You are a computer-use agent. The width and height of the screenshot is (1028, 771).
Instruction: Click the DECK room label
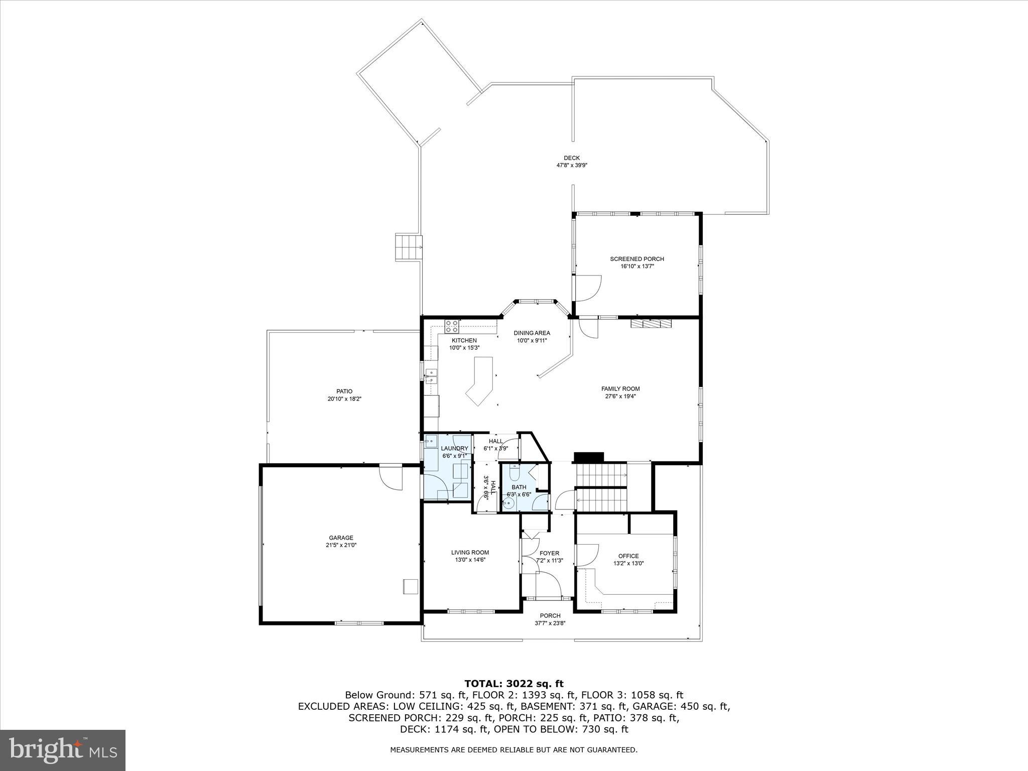[x=571, y=158]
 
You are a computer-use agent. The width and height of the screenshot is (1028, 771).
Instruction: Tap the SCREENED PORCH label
[x=636, y=259]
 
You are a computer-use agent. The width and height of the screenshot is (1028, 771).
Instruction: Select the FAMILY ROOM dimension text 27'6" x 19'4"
[x=620, y=396]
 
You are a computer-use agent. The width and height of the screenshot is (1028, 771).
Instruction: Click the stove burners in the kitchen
[x=451, y=327]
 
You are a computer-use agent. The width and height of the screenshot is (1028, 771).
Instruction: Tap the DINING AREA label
[x=532, y=333]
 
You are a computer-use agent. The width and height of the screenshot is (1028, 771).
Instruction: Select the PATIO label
[x=344, y=392]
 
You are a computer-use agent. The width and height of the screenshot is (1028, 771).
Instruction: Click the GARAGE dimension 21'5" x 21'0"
[x=341, y=545]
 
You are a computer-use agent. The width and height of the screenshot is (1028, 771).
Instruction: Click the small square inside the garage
[x=410, y=586]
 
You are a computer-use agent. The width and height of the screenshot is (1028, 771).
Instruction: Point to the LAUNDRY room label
[x=454, y=448]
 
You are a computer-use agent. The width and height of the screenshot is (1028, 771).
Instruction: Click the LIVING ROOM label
[x=470, y=552]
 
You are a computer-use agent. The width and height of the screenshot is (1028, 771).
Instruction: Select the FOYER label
[x=549, y=553]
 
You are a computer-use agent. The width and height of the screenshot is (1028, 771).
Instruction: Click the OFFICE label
[x=628, y=556]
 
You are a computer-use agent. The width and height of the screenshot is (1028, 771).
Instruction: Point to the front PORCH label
[x=550, y=616]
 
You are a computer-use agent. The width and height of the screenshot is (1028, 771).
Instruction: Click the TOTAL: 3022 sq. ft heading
[x=513, y=683]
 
